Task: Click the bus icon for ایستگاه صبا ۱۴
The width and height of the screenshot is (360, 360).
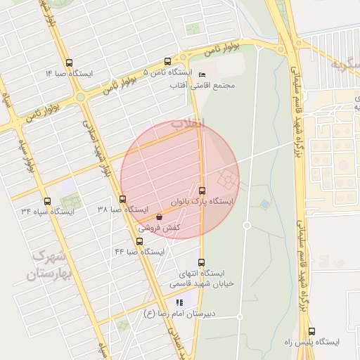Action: (x=68, y=62)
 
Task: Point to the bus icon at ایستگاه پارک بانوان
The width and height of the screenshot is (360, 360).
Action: (x=202, y=190)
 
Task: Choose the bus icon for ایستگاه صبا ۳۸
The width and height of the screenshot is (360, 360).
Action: (x=123, y=199)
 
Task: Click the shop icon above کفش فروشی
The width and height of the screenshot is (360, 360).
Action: (x=160, y=217)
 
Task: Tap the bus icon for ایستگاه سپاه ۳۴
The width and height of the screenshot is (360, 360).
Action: (x=47, y=201)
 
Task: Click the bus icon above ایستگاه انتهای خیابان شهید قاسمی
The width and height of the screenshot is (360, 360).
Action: (x=202, y=262)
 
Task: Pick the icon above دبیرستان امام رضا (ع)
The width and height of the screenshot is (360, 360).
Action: (x=169, y=302)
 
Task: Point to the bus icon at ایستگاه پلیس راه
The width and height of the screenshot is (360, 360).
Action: (x=311, y=330)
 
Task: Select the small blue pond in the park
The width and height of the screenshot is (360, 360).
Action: (x=264, y=204)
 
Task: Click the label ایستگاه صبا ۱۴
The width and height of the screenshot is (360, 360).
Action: (x=68, y=73)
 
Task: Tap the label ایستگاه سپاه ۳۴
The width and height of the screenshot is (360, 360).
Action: (x=46, y=212)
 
